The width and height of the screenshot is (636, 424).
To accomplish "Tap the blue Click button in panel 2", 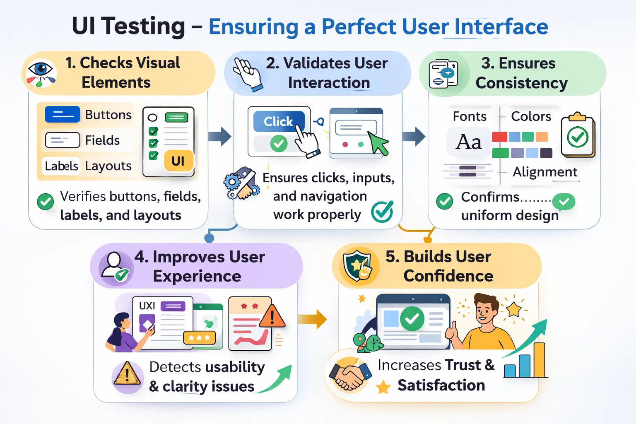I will (278, 121).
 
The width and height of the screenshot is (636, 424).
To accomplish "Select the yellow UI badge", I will (178, 161).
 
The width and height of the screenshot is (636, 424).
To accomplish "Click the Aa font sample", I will (469, 142).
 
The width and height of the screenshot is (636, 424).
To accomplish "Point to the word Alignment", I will (545, 172).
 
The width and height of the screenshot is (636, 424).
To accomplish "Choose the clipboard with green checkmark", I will (578, 136).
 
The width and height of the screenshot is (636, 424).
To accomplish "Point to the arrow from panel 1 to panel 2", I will (220, 136).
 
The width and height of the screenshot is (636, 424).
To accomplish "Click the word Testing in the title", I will (143, 26).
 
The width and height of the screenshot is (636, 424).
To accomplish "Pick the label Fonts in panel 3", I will (470, 116).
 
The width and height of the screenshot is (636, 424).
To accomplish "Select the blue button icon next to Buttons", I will (62, 114).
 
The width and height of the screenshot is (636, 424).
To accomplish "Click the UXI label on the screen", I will (147, 306).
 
